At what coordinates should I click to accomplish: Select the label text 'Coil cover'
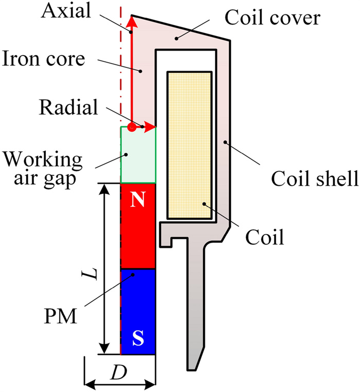point(273,19)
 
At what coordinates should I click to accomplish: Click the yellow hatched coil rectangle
point(189,144)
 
